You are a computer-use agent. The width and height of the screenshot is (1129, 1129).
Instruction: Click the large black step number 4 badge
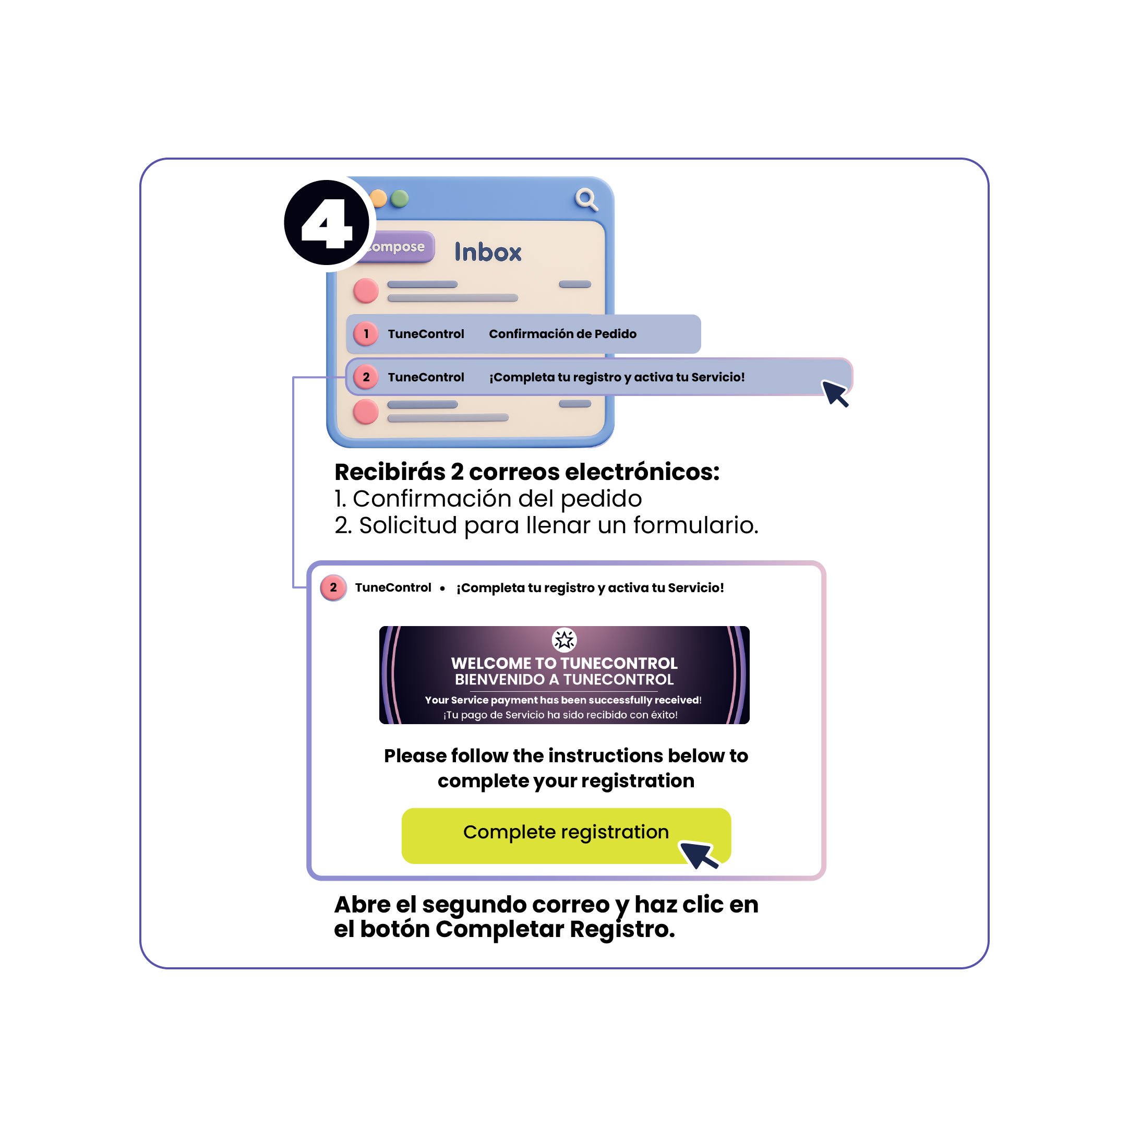(327, 223)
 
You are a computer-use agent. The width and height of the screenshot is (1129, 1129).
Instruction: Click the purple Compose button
(398, 247)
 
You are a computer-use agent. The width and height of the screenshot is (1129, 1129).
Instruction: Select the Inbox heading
(488, 253)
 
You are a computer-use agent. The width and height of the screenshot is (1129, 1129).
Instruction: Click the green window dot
(400, 199)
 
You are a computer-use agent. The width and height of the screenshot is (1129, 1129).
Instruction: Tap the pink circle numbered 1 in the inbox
(366, 334)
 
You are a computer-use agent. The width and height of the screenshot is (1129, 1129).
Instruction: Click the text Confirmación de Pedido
(562, 334)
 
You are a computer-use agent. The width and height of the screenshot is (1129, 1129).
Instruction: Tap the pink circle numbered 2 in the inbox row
(366, 377)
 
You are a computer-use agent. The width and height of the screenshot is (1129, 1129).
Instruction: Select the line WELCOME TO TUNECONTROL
(564, 663)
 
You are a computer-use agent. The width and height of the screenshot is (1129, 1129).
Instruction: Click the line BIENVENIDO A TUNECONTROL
(564, 680)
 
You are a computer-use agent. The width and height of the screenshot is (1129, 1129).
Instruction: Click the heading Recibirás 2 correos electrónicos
(526, 472)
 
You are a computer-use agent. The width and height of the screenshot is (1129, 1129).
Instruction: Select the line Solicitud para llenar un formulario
(546, 525)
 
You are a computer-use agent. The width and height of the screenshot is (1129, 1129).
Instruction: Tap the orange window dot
(379, 199)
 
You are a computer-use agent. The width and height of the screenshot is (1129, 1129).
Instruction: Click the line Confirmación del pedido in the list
(488, 498)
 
